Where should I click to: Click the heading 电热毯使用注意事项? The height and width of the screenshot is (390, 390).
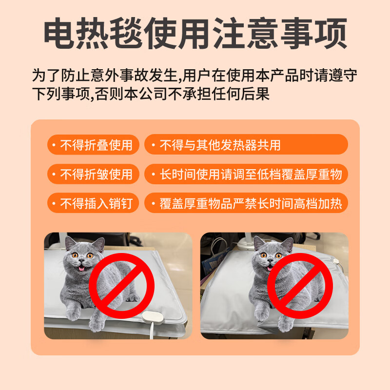[195, 33]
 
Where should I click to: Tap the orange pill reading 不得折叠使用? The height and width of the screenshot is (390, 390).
[93, 145]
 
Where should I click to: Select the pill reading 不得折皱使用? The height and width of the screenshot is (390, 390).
[93, 174]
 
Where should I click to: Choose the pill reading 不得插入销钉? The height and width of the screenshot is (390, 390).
[93, 203]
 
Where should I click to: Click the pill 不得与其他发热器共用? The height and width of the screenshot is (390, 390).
[246, 145]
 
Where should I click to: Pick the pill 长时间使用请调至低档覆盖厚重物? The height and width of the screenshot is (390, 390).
[246, 174]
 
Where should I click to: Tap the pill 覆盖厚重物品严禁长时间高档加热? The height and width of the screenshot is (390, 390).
[246, 203]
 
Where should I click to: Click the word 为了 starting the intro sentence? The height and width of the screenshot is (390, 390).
[41, 76]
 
